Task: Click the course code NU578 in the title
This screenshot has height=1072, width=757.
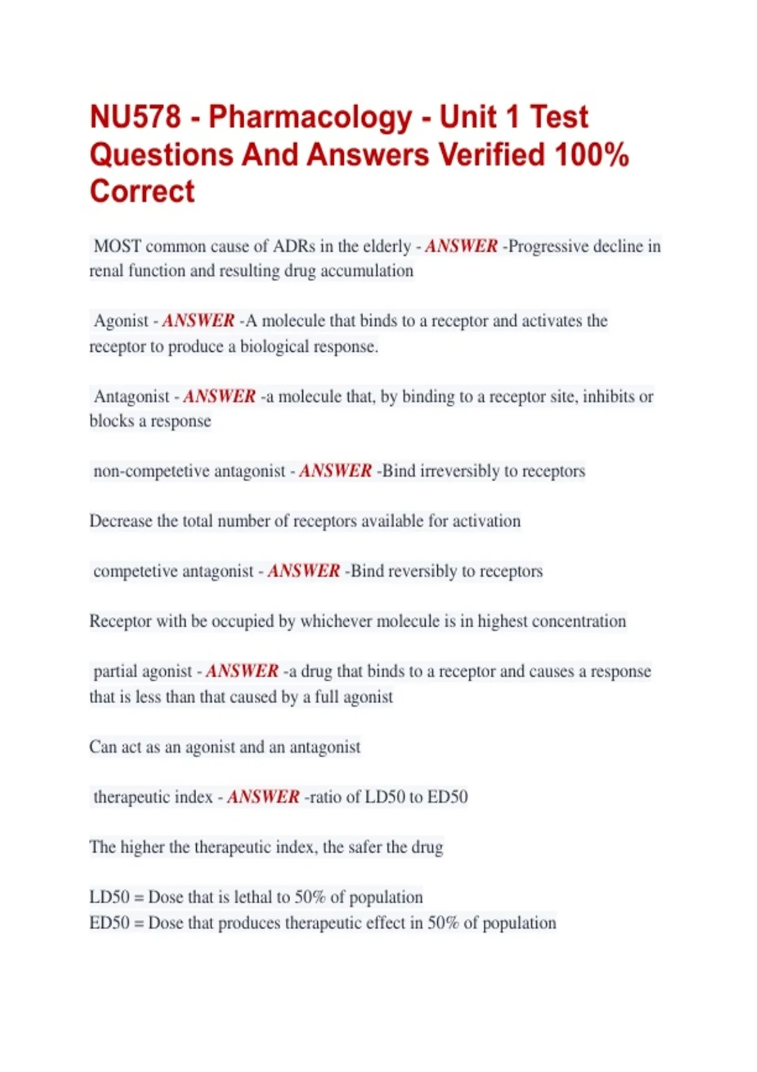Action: [x=136, y=117]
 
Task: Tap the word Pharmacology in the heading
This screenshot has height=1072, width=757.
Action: [x=310, y=117]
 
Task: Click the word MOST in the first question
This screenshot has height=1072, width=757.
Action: [x=117, y=246]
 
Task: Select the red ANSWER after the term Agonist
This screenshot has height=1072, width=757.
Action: [x=199, y=321]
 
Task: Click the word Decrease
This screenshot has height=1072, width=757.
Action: [x=120, y=521]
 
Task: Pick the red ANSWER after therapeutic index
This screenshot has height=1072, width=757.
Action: [x=263, y=797]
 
